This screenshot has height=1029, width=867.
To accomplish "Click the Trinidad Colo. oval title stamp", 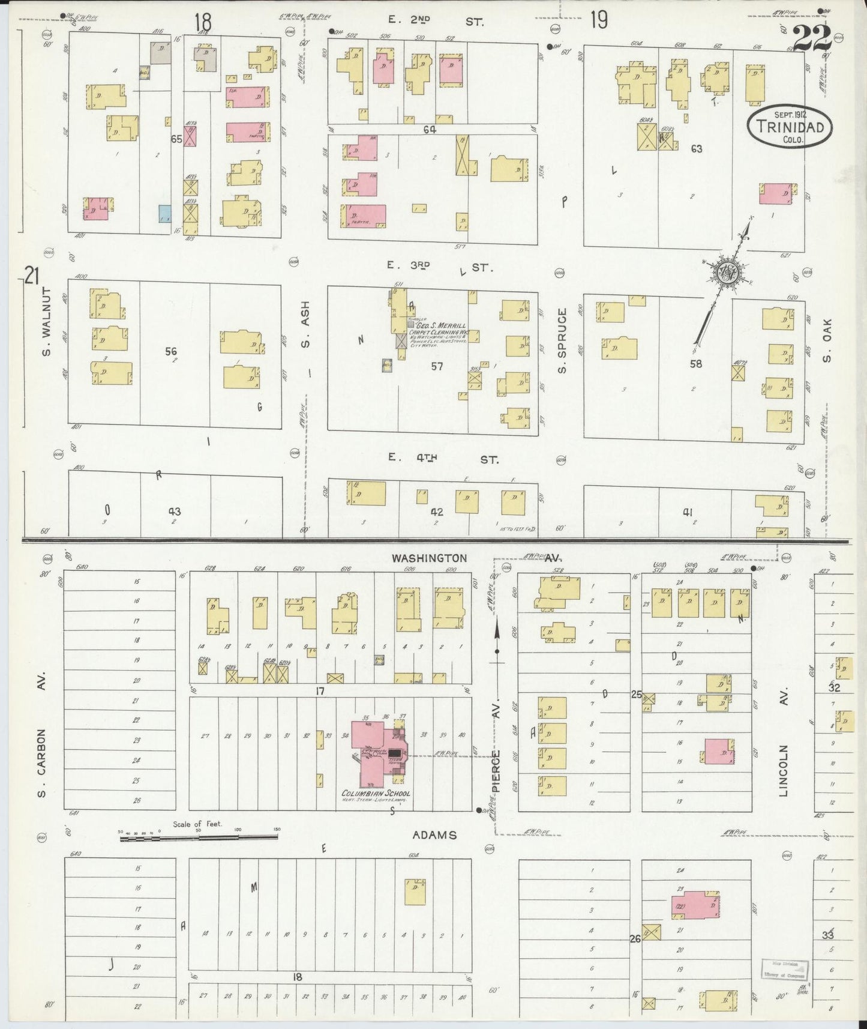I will tap(790, 127).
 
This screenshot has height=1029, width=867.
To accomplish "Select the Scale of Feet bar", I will tap(198, 837).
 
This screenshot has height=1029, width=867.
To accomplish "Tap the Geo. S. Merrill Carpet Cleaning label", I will tap(438, 329).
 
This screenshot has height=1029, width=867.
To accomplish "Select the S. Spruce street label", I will tap(562, 340).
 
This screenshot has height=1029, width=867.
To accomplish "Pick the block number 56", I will tap(171, 352).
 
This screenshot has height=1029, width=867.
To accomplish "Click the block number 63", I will tap(696, 148).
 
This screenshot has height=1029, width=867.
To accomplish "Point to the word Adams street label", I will tap(435, 835).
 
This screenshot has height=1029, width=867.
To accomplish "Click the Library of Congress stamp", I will tap(785, 968).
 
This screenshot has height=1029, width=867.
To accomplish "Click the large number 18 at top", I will tap(203, 22).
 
